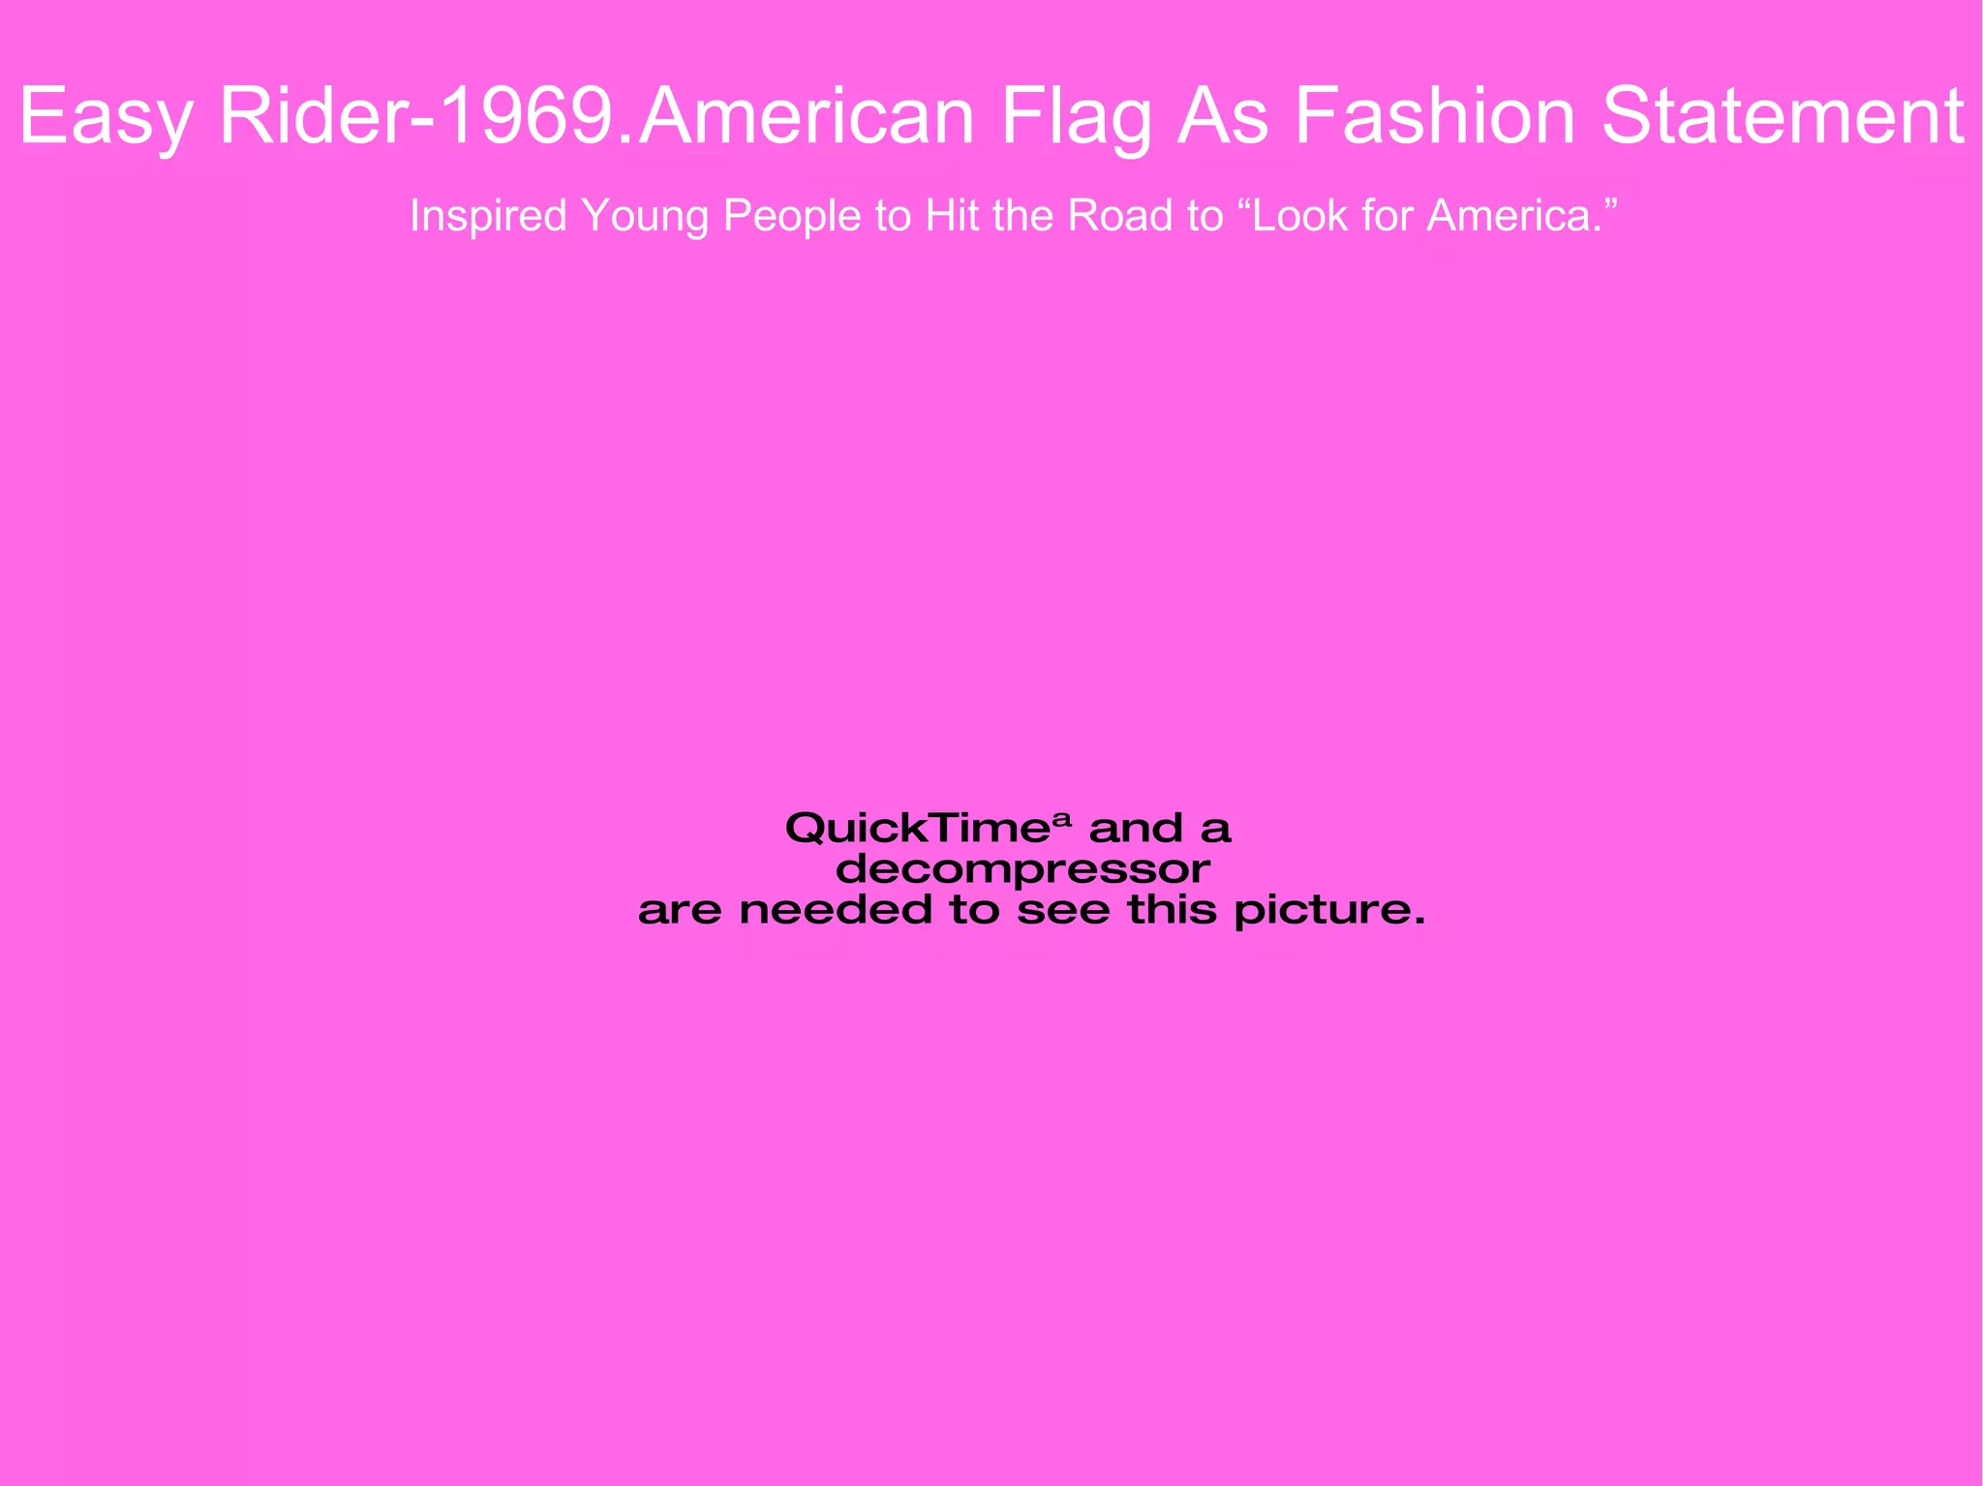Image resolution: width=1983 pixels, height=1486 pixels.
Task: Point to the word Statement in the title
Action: click(x=1783, y=116)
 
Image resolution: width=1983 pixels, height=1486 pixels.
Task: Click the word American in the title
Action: click(x=806, y=116)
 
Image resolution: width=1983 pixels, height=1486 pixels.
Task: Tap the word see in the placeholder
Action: click(x=1062, y=911)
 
